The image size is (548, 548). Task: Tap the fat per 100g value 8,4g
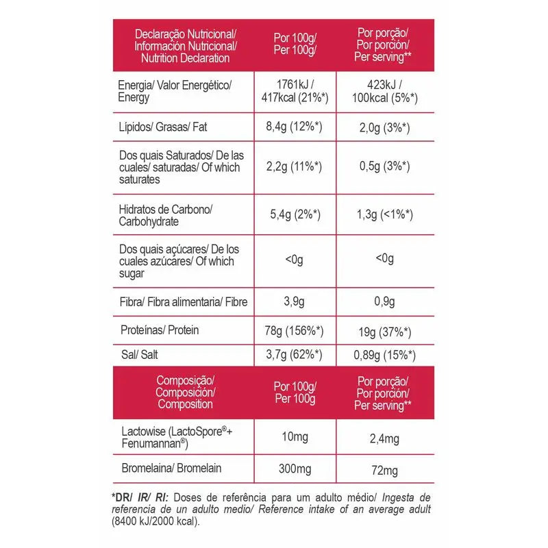295,127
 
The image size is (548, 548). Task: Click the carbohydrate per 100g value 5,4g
295,215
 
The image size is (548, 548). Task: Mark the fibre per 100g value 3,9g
295,302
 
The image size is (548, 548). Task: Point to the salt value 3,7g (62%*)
296,354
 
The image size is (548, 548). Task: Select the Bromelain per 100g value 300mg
295,471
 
